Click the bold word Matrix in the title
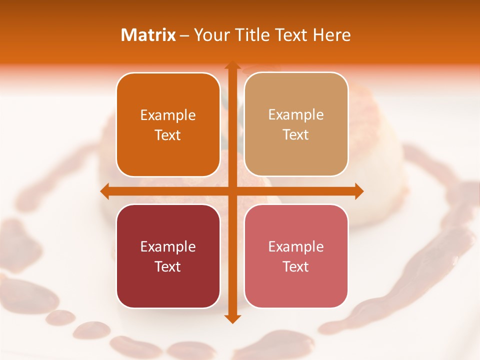pos(148,35)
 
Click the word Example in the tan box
pos(296,114)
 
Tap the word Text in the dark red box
pos(168,266)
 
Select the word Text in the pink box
pos(296,266)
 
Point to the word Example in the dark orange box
pos(168,115)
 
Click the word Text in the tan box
pos(296,134)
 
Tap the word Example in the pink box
pos(296,246)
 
